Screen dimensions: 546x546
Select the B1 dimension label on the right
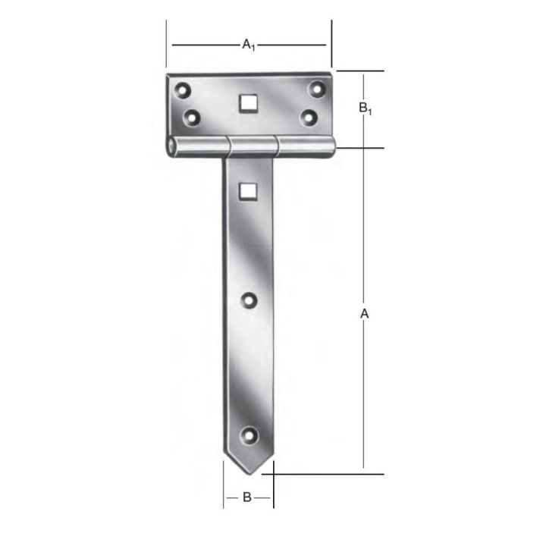365,108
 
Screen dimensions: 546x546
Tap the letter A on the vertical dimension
364,313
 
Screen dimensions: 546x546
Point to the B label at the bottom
247,498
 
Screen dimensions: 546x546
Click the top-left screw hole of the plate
182,91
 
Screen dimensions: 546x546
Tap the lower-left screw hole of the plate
192,118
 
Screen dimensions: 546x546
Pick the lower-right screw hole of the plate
308,117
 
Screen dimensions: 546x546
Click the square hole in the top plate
247,102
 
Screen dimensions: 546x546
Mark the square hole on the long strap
247,191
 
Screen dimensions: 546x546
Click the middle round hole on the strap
249,301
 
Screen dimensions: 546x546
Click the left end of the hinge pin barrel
173,146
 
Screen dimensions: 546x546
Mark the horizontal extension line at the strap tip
326,474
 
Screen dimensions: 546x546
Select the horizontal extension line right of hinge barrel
360,148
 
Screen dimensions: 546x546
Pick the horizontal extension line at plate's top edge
360,71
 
